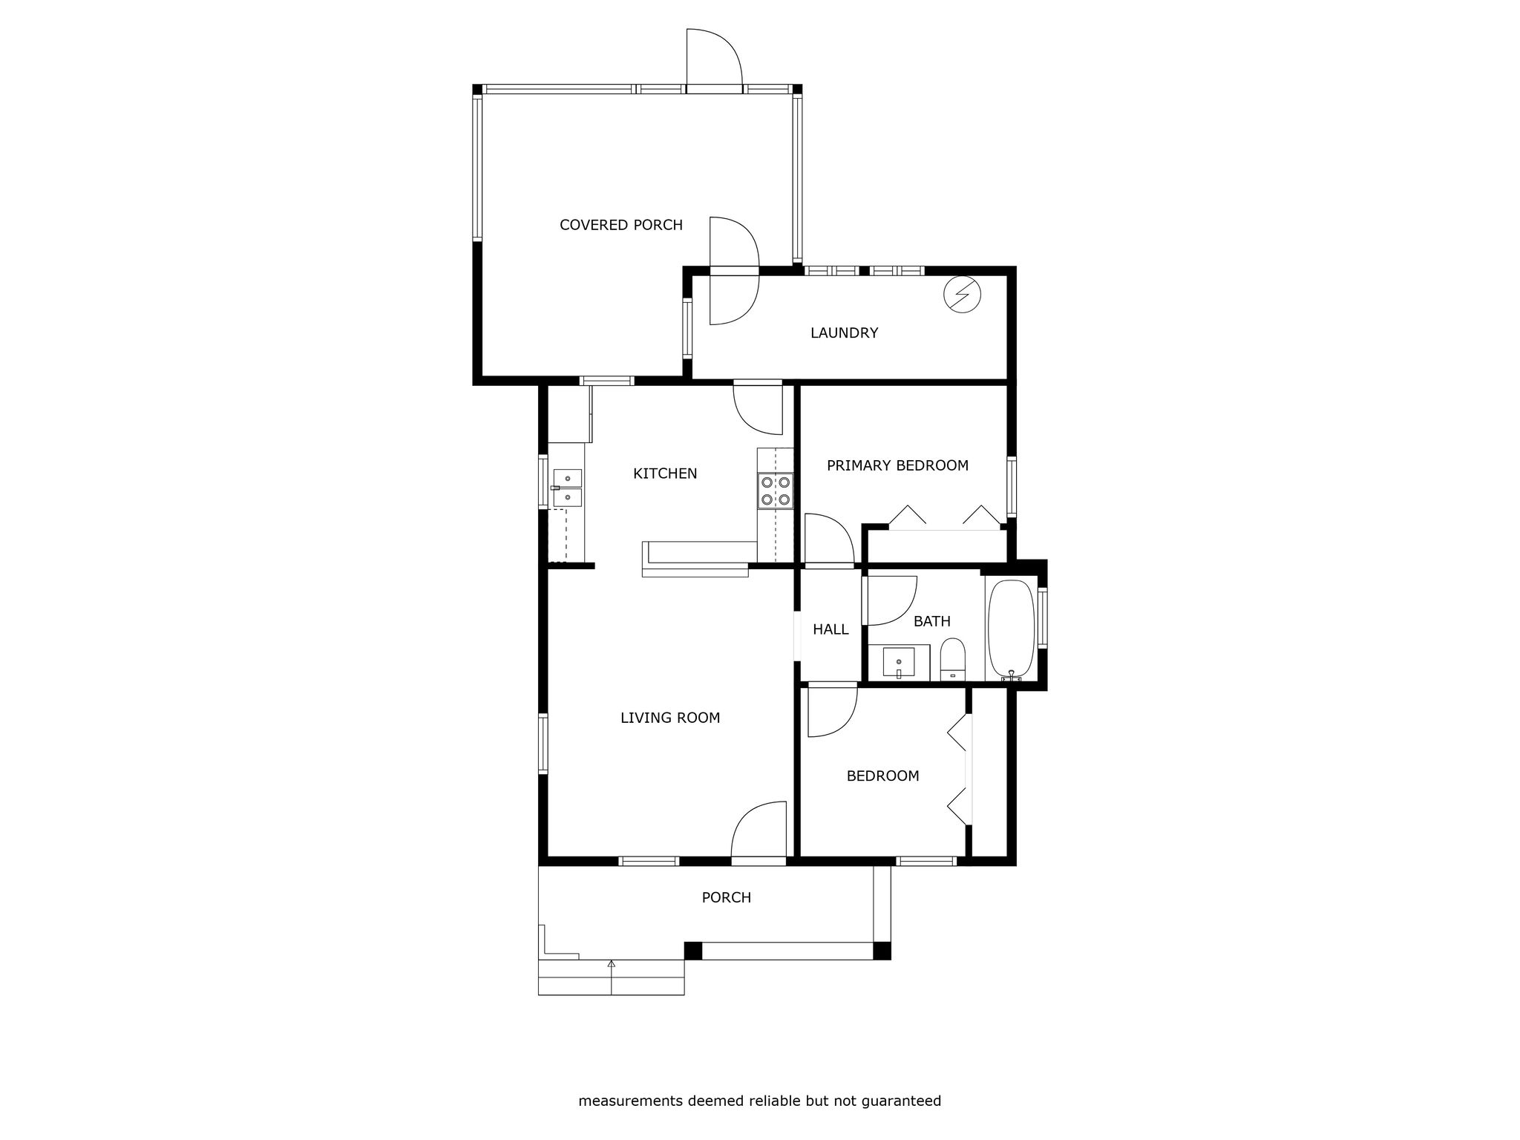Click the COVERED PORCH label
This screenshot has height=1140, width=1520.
(x=620, y=225)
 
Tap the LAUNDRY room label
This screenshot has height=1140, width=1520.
(x=844, y=333)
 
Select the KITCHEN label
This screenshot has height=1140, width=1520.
(x=665, y=474)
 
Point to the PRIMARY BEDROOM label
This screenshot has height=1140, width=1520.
(x=897, y=465)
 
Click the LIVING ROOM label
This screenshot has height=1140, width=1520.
(x=670, y=718)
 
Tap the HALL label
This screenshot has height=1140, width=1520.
(x=831, y=629)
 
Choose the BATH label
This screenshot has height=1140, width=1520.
(x=931, y=621)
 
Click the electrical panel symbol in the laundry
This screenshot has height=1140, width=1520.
(x=962, y=295)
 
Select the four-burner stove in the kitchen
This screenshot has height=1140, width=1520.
(x=775, y=491)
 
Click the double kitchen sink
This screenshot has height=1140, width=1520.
(x=568, y=488)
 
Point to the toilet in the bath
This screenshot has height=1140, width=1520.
(x=952, y=659)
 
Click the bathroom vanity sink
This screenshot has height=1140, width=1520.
(x=899, y=663)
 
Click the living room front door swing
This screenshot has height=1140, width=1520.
(x=759, y=830)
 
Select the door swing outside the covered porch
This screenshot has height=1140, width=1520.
(x=714, y=58)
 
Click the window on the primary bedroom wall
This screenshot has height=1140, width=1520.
(x=1012, y=487)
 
